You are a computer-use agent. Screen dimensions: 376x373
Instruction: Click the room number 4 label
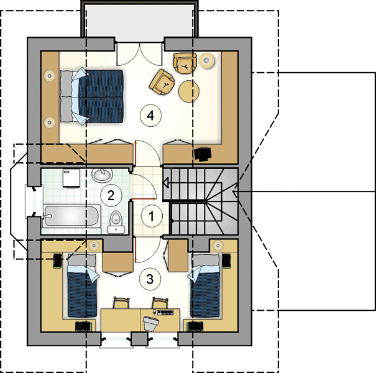pyautogui.click(x=150, y=116)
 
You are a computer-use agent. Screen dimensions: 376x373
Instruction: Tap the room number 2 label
pyautogui.click(x=111, y=195)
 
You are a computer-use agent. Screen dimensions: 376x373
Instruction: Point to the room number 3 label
pyautogui.click(x=150, y=279)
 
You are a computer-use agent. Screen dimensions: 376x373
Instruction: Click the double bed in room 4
pyautogui.click(x=91, y=96)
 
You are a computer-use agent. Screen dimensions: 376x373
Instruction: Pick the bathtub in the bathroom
pyautogui.click(x=71, y=216)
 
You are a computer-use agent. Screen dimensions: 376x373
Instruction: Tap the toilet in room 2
pyautogui.click(x=116, y=222)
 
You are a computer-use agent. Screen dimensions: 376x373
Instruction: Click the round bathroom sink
pyautogui.click(x=102, y=175)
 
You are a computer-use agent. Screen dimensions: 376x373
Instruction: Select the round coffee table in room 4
pyautogui.click(x=189, y=91)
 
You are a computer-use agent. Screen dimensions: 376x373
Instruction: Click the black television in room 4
pyautogui.click(x=203, y=154)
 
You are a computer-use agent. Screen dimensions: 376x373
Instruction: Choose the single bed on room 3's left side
pyautogui.click(x=82, y=285)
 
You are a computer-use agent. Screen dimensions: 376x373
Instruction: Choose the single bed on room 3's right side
pyautogui.click(x=205, y=285)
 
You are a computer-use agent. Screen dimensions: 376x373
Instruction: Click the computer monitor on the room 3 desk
pyautogui.click(x=151, y=323)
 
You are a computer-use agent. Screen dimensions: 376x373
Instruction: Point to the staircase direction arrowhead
pyautogui.click(x=166, y=183)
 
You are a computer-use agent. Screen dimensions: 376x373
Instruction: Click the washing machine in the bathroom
pyautogui.click(x=71, y=178)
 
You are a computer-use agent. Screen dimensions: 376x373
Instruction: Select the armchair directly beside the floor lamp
pyautogui.click(x=185, y=63)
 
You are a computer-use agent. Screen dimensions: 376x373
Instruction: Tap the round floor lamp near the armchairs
pyautogui.click(x=206, y=61)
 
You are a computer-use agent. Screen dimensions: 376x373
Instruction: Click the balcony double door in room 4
pyautogui.click(x=139, y=54)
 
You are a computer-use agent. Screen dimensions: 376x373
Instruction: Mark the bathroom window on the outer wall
pyautogui.click(x=34, y=201)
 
